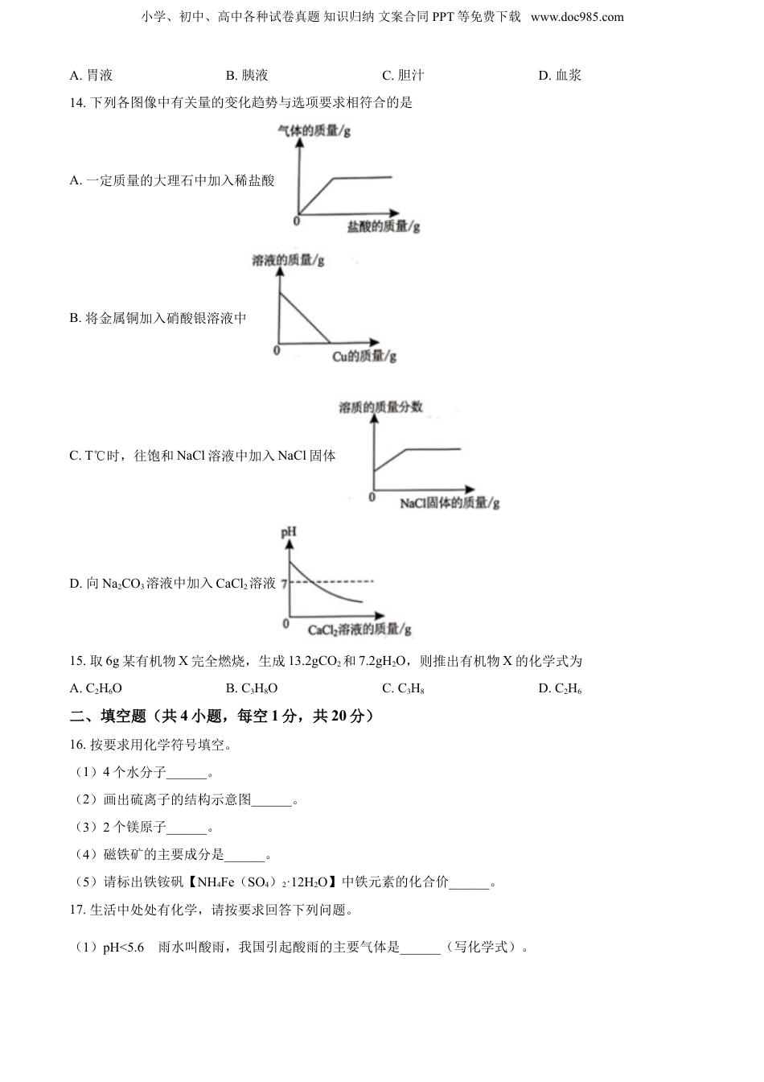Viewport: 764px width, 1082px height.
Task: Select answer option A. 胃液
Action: coord(91,76)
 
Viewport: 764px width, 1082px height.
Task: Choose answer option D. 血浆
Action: coord(560,76)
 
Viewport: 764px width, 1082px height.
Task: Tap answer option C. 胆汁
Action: coord(403,76)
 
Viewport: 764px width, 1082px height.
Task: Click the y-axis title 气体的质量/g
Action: coord(314,130)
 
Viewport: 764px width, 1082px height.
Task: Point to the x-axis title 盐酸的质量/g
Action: coord(384,227)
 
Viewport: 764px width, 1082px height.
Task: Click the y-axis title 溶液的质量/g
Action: coord(289,261)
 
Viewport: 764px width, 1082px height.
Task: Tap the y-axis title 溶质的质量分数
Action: coord(380,407)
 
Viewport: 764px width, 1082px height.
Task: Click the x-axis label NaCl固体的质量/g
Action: coord(450,503)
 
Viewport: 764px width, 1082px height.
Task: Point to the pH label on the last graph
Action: coord(288,532)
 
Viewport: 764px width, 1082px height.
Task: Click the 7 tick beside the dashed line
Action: coord(284,581)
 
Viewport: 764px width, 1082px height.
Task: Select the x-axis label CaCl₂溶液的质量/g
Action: coord(359,630)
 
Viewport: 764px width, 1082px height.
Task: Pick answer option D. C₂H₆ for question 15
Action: coord(560,688)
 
